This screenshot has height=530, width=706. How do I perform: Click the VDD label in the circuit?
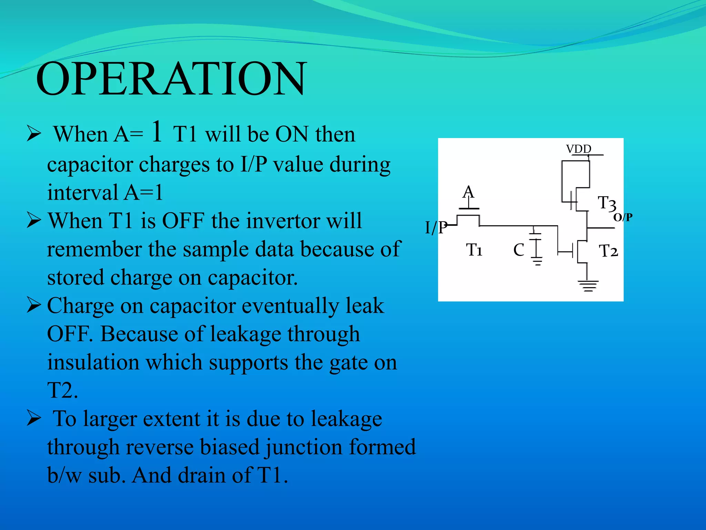tap(578, 149)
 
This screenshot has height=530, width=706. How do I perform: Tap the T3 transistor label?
tap(607, 204)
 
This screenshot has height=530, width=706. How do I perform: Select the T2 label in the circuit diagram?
tap(608, 251)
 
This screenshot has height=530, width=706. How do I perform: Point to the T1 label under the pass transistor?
tap(474, 250)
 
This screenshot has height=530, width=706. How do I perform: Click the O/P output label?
tap(623, 217)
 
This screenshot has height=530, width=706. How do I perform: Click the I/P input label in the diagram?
tap(436, 228)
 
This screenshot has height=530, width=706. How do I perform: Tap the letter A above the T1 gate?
tap(468, 192)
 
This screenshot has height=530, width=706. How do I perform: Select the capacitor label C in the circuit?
tap(518, 250)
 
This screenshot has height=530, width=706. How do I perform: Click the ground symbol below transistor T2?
tap(588, 286)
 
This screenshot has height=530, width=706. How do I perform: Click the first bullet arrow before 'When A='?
tap(34, 134)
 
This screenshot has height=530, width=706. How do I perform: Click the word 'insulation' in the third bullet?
tap(93, 362)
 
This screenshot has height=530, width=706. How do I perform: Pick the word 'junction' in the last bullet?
tap(303, 447)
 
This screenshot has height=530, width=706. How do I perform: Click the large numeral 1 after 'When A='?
tap(157, 132)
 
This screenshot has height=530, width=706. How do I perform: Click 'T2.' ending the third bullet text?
tap(62, 391)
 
